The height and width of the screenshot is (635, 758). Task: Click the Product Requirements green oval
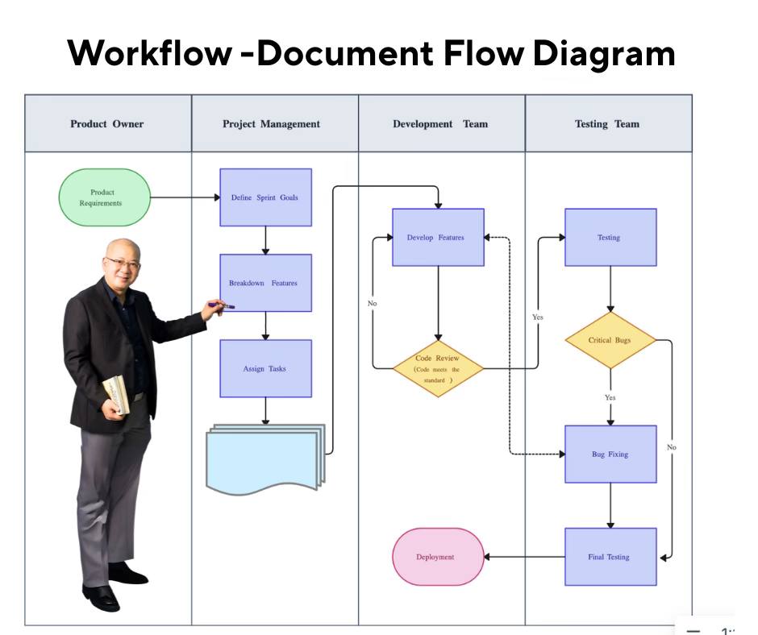coord(104,197)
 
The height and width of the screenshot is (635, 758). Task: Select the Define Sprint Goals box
coord(265,197)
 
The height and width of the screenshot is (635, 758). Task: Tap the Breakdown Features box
coord(265,283)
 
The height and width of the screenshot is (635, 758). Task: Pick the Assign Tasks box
coord(265,368)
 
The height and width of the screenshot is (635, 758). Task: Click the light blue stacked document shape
coord(265,459)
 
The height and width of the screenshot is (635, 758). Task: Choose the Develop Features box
coord(438,237)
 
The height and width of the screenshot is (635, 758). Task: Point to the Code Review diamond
coord(438,368)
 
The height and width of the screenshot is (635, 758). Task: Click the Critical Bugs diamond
coord(610,340)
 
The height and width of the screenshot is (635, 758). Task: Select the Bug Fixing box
coord(610,454)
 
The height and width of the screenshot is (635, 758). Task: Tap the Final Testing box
coord(610,557)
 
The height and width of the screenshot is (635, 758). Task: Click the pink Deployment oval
coord(438,557)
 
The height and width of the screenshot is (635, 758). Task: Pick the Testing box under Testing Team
coord(610,237)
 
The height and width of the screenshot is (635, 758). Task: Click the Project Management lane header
coord(275,124)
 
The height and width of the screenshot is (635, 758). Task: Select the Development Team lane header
coord(442,124)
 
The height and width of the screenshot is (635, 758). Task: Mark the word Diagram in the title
coord(604,54)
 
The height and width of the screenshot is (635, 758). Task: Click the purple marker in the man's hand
coord(222,305)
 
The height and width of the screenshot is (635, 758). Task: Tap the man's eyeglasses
coord(123,264)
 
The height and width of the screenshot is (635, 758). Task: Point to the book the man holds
coord(117,395)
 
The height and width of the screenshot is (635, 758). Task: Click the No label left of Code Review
coord(372,304)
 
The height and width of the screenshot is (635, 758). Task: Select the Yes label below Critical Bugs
coord(610,397)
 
